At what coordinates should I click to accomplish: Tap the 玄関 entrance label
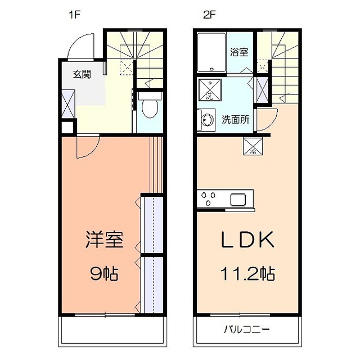pos(82,74)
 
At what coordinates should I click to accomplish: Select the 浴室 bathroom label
pos(238,52)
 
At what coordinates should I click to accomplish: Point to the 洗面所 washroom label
pos(236,119)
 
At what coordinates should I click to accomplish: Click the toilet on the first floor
pos(150,107)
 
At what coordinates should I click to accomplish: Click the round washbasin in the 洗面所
pos(206,119)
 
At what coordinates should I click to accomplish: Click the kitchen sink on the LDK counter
pos(237,199)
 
